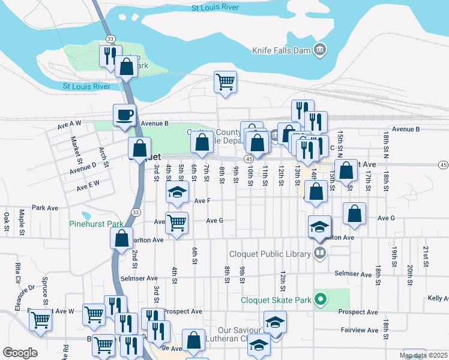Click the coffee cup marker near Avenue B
click(x=124, y=115)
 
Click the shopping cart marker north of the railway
click(x=225, y=82)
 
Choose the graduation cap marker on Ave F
click(x=177, y=193)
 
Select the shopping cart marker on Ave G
click(x=176, y=222)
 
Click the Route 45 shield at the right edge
click(x=443, y=165)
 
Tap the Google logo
click(x=20, y=353)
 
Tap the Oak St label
click(x=7, y=221)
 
